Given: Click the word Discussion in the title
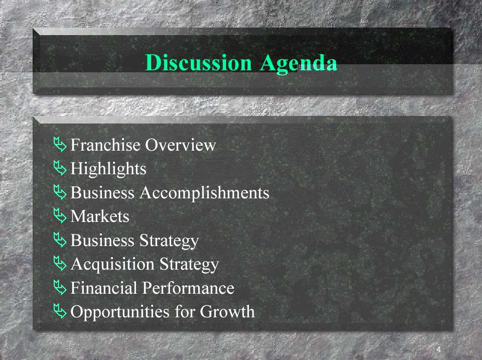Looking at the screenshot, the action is point(199,63).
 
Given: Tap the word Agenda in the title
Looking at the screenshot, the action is point(298,64).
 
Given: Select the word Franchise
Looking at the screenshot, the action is point(105,145).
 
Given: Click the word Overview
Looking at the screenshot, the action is point(181,145).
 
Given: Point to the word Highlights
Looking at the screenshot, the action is point(108,169).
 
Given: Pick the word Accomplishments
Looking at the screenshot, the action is point(204,193).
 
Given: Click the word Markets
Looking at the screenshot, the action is point(100,216).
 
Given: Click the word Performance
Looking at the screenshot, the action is point(189,288).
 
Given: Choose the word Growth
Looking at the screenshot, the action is point(227,311).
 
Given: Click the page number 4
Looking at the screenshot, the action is point(439,349).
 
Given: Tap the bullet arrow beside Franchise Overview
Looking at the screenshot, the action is point(60,144).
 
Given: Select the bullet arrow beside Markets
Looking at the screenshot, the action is point(60,215).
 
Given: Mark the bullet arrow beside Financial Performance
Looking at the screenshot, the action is point(60,287).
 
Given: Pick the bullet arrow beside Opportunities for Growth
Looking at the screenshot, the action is point(60,311).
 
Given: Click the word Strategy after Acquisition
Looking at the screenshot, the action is point(189,265).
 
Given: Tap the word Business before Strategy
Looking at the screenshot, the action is point(102,240).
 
